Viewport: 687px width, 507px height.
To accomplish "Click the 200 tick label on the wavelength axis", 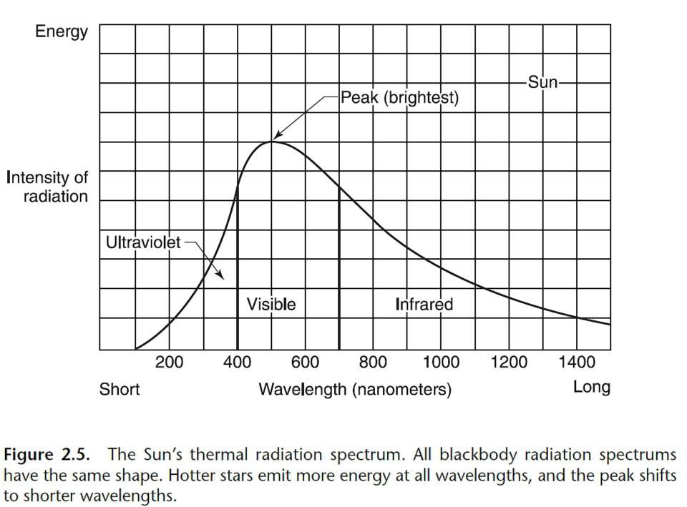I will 169,362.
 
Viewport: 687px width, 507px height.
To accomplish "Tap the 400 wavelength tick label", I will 237,362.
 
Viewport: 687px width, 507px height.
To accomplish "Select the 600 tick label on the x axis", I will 305,362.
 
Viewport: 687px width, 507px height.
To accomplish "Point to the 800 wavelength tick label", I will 373,362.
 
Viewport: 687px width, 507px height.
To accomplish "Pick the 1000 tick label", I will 441,362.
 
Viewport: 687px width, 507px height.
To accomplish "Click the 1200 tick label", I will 509,362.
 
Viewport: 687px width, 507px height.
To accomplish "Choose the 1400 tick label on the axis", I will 577,362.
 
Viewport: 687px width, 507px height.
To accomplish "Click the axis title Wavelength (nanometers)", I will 355,390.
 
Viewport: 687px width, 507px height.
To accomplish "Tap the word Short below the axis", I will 120,390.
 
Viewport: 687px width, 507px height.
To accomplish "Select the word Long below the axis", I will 592,388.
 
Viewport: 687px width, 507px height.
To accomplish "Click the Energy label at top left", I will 62,31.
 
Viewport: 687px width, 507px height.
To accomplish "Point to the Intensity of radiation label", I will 47,187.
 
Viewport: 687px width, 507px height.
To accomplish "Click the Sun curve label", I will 542,82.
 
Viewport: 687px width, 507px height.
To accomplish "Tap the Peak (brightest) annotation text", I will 399,97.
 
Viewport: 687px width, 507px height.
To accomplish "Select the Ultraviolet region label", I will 143,242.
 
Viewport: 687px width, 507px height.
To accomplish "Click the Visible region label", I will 271,305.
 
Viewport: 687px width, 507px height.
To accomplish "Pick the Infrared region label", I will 424,305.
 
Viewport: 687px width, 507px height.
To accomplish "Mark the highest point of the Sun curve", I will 272,141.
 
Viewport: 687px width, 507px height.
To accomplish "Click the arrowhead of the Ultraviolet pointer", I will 223,278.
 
